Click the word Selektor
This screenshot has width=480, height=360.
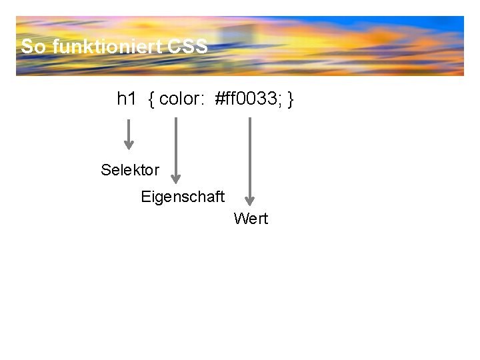[130, 170]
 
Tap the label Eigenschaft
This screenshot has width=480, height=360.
[183, 197]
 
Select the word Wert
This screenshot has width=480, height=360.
[251, 219]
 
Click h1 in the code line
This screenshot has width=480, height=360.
[126, 99]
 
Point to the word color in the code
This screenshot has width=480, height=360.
[179, 99]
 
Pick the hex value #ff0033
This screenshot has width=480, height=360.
[247, 99]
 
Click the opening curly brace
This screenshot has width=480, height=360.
[152, 100]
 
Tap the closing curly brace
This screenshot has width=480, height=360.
[291, 100]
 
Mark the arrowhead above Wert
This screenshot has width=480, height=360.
[250, 199]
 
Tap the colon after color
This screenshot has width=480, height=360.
[202, 101]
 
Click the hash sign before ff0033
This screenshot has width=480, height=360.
[219, 99]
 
